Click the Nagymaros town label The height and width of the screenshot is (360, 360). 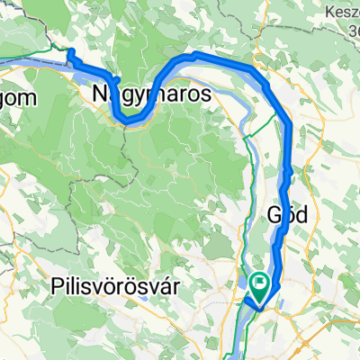coord(152,93)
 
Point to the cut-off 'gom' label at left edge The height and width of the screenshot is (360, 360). coord(18,98)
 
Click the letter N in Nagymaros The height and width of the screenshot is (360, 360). coord(99,93)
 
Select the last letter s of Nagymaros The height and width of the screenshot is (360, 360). coord(207,93)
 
